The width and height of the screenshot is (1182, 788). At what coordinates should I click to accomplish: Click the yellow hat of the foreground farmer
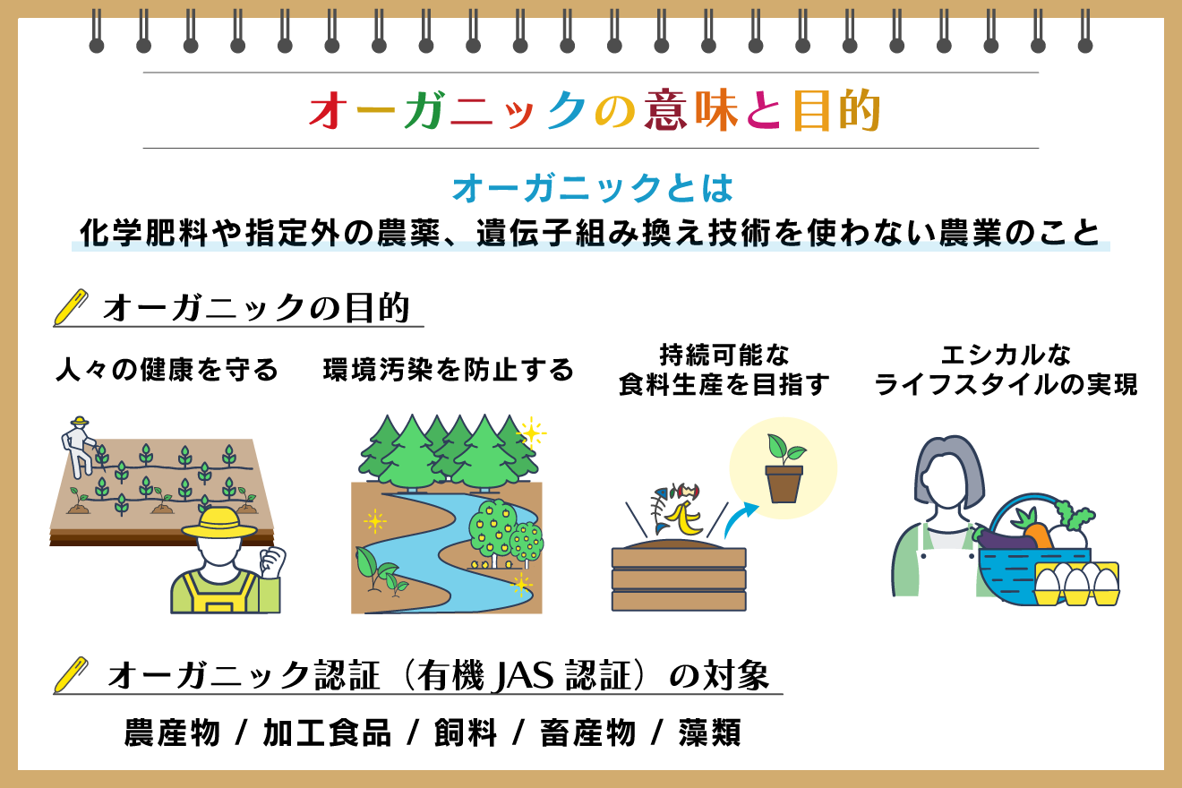pyautogui.click(x=219, y=524)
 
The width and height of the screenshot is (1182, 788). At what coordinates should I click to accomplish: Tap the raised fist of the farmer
pyautogui.click(x=270, y=562)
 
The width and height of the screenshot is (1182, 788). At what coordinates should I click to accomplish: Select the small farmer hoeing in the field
pyautogui.click(x=79, y=445)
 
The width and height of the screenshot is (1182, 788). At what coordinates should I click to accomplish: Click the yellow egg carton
pyautogui.click(x=1076, y=584)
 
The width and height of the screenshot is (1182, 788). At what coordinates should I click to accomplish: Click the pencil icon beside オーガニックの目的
pyautogui.click(x=72, y=306)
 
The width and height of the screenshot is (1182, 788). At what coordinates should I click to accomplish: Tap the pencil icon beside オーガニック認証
pyautogui.click(x=72, y=674)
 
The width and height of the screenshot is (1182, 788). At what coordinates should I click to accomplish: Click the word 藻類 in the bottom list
pyautogui.click(x=708, y=732)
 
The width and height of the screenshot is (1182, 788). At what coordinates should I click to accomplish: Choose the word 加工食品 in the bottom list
pyautogui.click(x=327, y=732)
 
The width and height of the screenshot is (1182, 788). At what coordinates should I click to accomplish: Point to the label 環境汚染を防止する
pyautogui.click(x=448, y=370)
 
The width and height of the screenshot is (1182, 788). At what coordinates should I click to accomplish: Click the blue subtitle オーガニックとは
pyautogui.click(x=592, y=189)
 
